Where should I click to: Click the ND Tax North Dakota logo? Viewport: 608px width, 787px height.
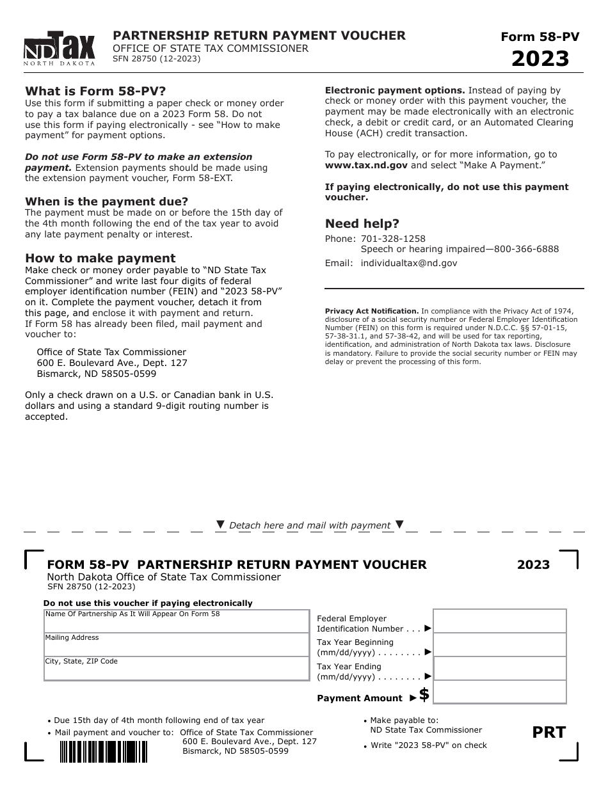tap(60, 49)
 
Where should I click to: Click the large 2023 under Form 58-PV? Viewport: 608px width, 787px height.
tap(540, 59)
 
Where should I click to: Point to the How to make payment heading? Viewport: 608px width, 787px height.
tap(100, 258)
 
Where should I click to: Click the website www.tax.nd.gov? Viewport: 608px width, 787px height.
tap(366, 165)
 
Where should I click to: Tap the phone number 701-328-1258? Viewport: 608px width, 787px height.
tap(393, 239)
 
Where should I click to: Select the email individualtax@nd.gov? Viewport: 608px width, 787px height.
tap(408, 263)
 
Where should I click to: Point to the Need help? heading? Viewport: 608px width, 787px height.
tap(362, 224)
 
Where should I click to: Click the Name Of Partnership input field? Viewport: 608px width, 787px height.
tap(177, 624)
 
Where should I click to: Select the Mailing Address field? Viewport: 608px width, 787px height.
tap(177, 648)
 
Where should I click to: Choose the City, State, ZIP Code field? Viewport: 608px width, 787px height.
tap(177, 671)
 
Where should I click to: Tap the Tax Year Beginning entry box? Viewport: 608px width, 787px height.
tap(499, 645)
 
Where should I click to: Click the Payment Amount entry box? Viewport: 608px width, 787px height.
tap(499, 692)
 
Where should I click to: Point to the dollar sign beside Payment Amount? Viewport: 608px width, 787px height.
tap(424, 695)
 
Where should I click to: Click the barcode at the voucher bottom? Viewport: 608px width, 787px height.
tap(103, 751)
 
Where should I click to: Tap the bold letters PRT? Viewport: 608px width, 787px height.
tap(549, 733)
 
